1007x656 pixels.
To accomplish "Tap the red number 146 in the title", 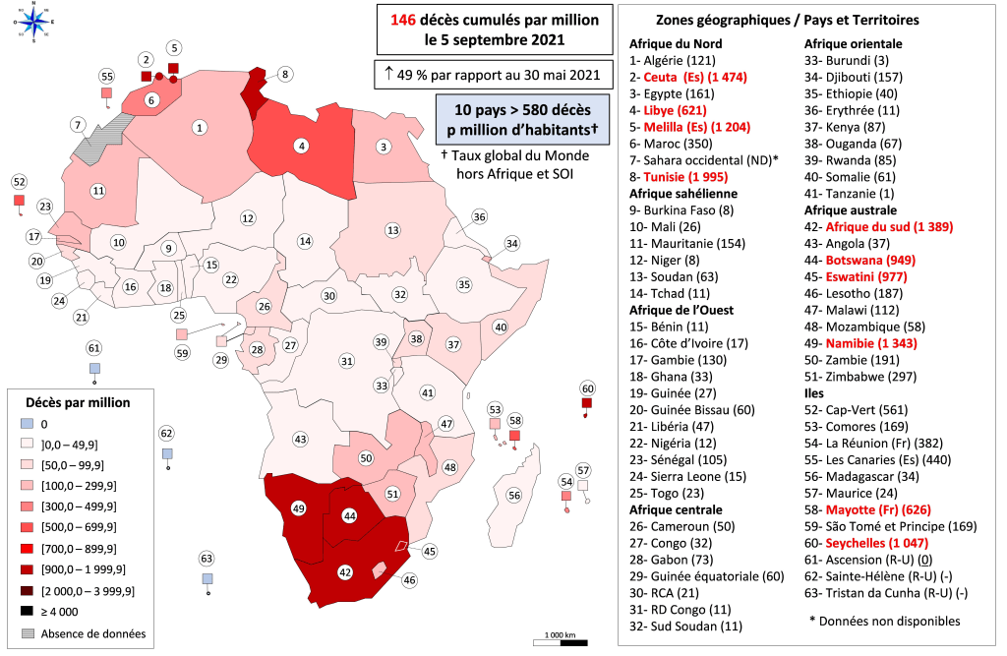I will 404,22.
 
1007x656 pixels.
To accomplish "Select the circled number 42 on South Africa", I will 346,570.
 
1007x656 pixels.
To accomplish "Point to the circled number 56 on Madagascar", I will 514,496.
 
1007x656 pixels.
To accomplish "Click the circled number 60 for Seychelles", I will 588,388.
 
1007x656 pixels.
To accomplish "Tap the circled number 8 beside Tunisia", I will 284,74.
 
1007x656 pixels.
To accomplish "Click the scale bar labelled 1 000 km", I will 561,641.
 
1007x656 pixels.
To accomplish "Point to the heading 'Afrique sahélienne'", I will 684,194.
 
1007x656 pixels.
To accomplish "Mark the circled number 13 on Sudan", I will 392,230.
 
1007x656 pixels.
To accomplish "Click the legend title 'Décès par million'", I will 80,402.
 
